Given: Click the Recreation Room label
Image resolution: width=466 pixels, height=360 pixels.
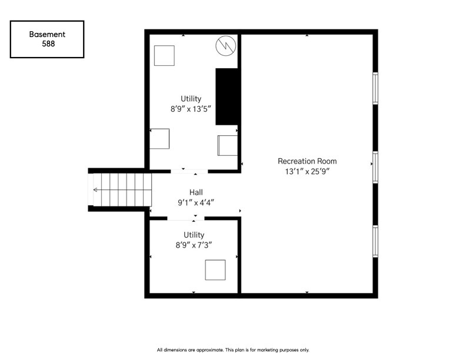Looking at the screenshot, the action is coord(307,161).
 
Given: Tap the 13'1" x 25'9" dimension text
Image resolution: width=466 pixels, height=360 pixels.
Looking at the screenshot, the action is coord(307,171).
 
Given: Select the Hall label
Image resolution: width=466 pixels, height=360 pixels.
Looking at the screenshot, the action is coord(196,192).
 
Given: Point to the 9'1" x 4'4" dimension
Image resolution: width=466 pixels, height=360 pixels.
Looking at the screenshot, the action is coord(196,202).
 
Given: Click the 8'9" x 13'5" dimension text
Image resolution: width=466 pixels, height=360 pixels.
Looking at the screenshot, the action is coord(191,109).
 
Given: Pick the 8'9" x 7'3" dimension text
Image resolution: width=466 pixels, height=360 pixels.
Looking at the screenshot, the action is coord(194,245).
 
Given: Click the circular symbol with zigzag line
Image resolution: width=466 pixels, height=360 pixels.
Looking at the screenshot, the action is coord(225,46).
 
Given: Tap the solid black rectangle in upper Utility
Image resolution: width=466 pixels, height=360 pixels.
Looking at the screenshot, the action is coord(227,96).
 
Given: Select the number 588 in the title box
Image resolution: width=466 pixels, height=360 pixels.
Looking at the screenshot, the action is coord(48,44).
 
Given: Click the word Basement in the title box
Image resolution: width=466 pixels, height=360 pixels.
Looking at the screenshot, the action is coord(47,34).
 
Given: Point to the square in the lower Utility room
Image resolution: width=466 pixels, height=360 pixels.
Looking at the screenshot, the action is coord(215,269).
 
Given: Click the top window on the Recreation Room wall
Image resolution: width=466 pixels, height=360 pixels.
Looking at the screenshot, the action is coord(375,88).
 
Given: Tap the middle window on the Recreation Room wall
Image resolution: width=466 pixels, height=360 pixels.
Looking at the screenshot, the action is coord(375,167).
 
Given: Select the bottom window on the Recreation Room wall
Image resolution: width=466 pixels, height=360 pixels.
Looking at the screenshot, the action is coord(375,241).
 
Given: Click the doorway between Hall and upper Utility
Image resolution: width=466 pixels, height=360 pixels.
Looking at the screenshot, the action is coord(189,171).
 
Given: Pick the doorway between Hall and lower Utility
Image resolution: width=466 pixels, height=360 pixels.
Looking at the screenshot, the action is coord(186,219).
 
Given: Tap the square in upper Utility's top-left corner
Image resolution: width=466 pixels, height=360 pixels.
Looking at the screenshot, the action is coord(164,55).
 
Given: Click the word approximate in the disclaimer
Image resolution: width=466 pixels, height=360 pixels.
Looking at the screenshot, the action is coord(210,350).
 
